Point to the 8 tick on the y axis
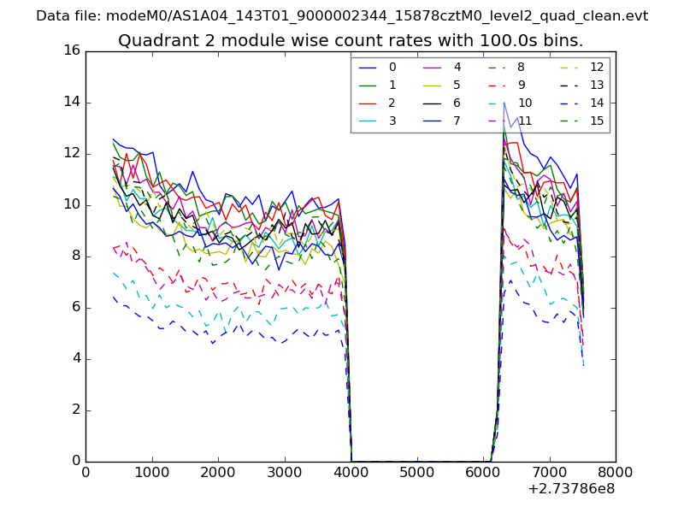point(75,256)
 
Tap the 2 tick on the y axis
point(75,410)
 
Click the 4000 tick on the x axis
point(350,471)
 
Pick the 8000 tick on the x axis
point(615,471)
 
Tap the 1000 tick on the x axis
point(151,471)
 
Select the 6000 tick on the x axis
point(482,471)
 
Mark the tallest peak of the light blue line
point(504,103)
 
